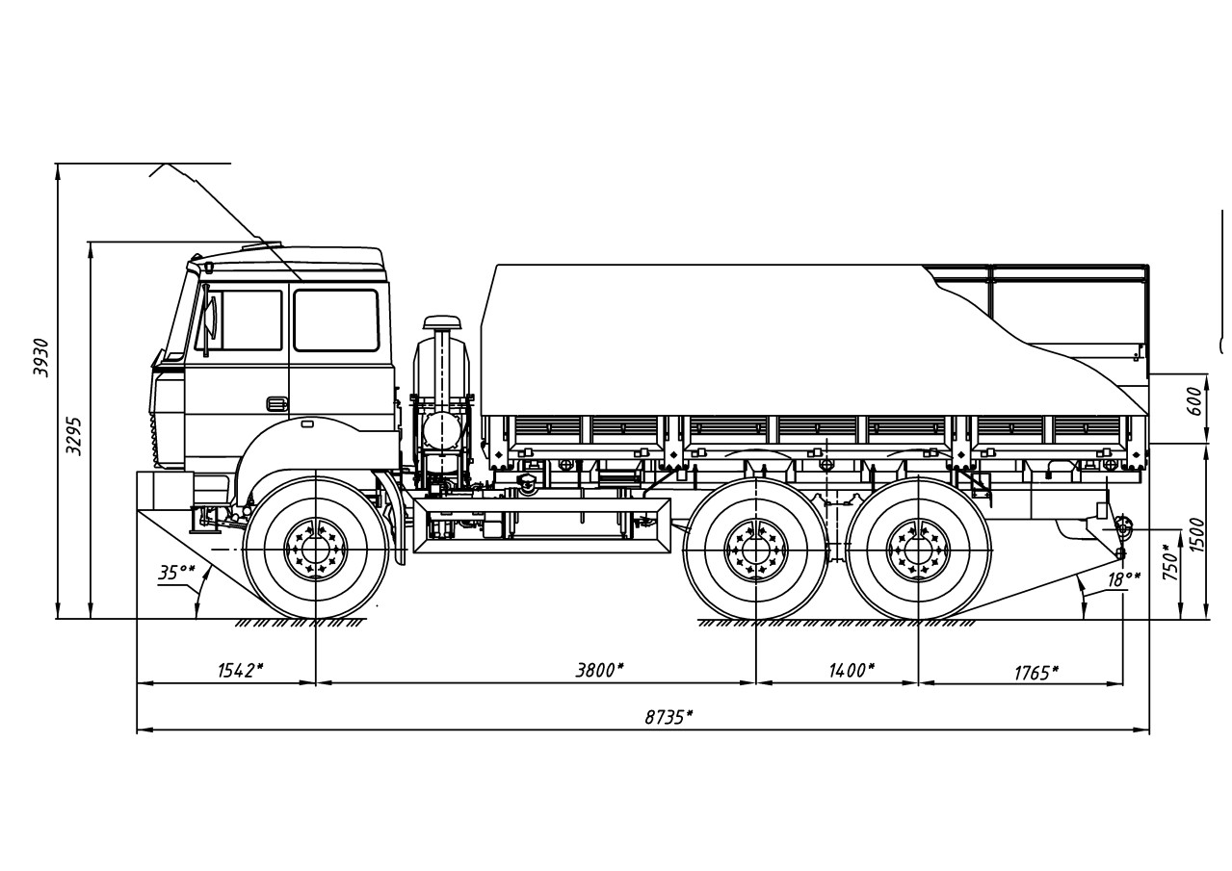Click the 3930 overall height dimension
(41, 358)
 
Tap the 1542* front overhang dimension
(236, 670)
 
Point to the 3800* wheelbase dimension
(599, 670)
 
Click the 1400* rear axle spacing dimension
(850, 670)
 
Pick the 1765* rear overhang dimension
(1035, 672)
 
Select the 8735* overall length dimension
(668, 717)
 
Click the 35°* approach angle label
(176, 574)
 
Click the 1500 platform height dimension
(1197, 534)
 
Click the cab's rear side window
(336, 320)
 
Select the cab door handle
(276, 404)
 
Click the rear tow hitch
(1122, 525)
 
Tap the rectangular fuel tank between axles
(541, 525)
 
